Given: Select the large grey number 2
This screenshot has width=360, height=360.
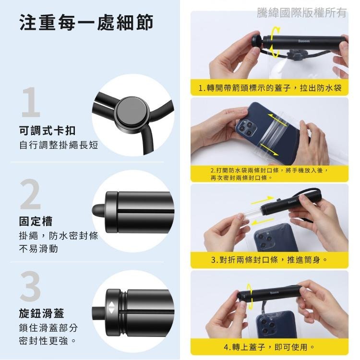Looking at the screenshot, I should pos(31,195).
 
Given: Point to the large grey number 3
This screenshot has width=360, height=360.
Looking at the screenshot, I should pos(31,287).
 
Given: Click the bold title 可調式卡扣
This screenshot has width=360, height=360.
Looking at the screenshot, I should pos(47,131).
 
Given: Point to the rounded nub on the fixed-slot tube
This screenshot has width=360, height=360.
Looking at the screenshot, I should pos(98,210).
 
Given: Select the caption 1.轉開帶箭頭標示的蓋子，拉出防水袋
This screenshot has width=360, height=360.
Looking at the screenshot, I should pos(270,88).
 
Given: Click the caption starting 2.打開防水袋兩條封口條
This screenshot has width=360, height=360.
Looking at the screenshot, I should pos(269,174).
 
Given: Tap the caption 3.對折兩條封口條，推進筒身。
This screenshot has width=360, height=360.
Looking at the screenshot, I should pos(270,260).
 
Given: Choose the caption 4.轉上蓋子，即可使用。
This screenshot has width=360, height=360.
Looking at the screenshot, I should pos(270,347).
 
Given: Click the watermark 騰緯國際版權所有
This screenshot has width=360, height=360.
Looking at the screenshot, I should pos(301,13).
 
